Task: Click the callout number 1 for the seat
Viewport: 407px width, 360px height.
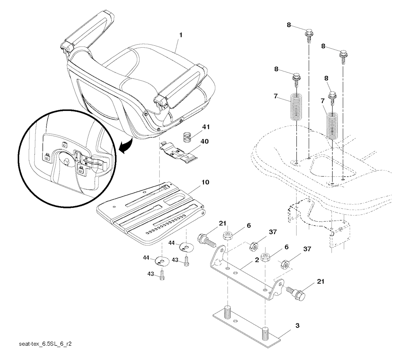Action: pos(181,35)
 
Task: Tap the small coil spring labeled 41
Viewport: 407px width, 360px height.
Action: pos(187,137)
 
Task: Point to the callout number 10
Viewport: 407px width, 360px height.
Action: pos(205,182)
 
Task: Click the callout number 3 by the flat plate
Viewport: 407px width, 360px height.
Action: pos(297,325)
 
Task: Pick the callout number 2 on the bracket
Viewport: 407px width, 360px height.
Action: pos(256,260)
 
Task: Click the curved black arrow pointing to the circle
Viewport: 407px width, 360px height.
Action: pos(126,145)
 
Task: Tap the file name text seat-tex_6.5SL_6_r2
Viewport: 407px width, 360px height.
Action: pos(45,344)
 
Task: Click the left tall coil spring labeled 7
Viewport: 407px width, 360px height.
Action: pos(296,106)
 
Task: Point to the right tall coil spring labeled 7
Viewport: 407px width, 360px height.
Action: pos(333,126)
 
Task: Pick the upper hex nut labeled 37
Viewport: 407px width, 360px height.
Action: pos(253,246)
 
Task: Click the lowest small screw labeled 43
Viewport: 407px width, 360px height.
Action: pos(163,275)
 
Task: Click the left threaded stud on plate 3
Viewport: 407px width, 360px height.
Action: pos(228,312)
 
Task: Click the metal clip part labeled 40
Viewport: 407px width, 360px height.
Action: pos(179,153)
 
